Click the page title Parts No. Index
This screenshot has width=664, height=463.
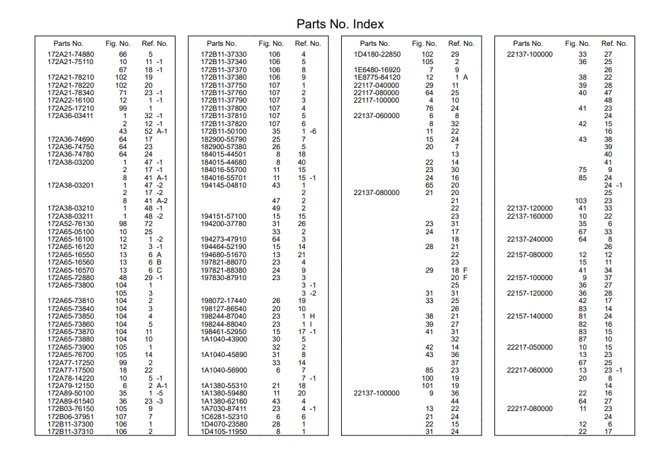pos(340,24)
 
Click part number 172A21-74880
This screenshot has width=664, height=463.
pos(71,54)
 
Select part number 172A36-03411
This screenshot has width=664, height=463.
pos(71,115)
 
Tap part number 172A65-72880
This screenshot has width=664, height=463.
pos(71,277)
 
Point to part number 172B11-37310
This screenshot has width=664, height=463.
pos(71,431)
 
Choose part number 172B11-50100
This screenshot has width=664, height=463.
pos(224,131)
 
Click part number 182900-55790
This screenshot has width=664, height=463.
pos(224,139)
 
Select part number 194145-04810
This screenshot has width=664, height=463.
pos(224,185)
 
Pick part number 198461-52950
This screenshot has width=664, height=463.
pos(224,331)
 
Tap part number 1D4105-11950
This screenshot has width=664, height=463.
pos(224,431)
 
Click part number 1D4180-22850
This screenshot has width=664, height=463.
pos(377,54)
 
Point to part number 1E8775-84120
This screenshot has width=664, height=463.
pos(377,77)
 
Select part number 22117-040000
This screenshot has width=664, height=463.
pos(376,85)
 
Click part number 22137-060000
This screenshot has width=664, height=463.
pos(376,115)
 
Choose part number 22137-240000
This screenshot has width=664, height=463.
pos(530,239)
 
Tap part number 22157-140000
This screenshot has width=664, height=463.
pos(530,316)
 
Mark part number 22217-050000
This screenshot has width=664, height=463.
pos(530,347)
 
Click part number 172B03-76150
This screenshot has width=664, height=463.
pos(71,408)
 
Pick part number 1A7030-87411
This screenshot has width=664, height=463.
pos(224,408)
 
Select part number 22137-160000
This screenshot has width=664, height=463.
pos(530,216)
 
